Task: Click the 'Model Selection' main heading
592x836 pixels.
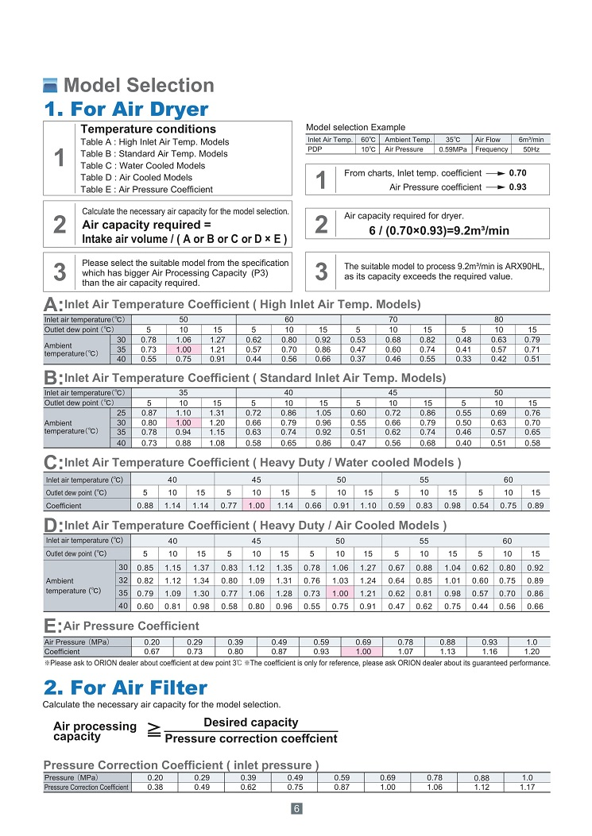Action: (x=138, y=86)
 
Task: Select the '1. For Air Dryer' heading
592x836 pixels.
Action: (x=126, y=109)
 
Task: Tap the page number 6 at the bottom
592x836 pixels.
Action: (x=296, y=809)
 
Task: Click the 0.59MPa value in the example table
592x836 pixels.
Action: (x=453, y=148)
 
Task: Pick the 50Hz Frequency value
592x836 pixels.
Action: (x=532, y=148)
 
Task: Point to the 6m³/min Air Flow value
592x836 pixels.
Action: (x=530, y=140)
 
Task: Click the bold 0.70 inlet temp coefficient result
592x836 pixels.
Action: (x=518, y=173)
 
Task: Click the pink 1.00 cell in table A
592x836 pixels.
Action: (x=184, y=349)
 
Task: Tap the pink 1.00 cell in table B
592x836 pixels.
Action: (x=184, y=423)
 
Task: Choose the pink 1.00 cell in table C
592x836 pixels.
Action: (x=256, y=505)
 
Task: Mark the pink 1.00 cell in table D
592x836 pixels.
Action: (x=339, y=592)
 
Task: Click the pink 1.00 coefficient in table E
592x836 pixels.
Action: (x=363, y=651)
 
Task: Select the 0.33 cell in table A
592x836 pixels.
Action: (x=464, y=359)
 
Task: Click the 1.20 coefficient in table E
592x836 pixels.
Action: (x=532, y=651)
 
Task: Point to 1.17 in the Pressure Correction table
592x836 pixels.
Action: (x=526, y=787)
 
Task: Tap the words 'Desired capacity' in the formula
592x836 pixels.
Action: (x=250, y=722)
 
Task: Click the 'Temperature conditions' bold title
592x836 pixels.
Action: (x=149, y=129)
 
